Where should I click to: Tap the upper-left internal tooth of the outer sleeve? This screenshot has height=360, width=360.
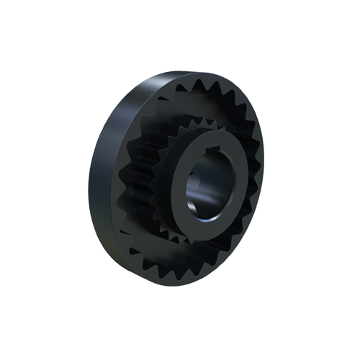pyautogui.click(x=162, y=97)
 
